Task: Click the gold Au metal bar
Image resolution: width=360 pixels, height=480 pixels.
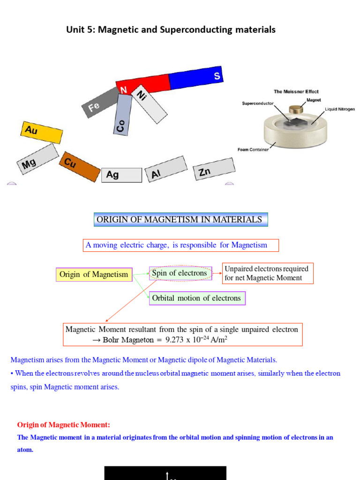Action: pos(41,132)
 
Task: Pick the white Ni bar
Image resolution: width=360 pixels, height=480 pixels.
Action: pos(149,104)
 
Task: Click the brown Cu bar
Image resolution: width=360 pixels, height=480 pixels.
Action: pos(79,166)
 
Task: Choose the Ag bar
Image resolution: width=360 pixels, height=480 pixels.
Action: pos(121,175)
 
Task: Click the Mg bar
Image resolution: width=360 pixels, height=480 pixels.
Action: pos(37,158)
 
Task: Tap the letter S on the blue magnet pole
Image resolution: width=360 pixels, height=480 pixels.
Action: pos(217,76)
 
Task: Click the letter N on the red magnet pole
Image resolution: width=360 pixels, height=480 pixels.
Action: pos(124,90)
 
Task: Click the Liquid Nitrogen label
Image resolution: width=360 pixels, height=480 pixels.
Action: pos(340,109)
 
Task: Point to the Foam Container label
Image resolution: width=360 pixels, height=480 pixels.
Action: pos(253,150)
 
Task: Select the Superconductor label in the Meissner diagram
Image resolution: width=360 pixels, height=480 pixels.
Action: pos(257,103)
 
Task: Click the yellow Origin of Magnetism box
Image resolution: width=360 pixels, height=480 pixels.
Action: pos(94,275)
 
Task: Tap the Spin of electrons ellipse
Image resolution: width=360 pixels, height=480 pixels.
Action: pos(180,273)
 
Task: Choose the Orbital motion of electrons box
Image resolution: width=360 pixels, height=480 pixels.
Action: pos(197,298)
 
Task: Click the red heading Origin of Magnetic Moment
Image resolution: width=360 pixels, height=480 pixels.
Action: pos(64,425)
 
